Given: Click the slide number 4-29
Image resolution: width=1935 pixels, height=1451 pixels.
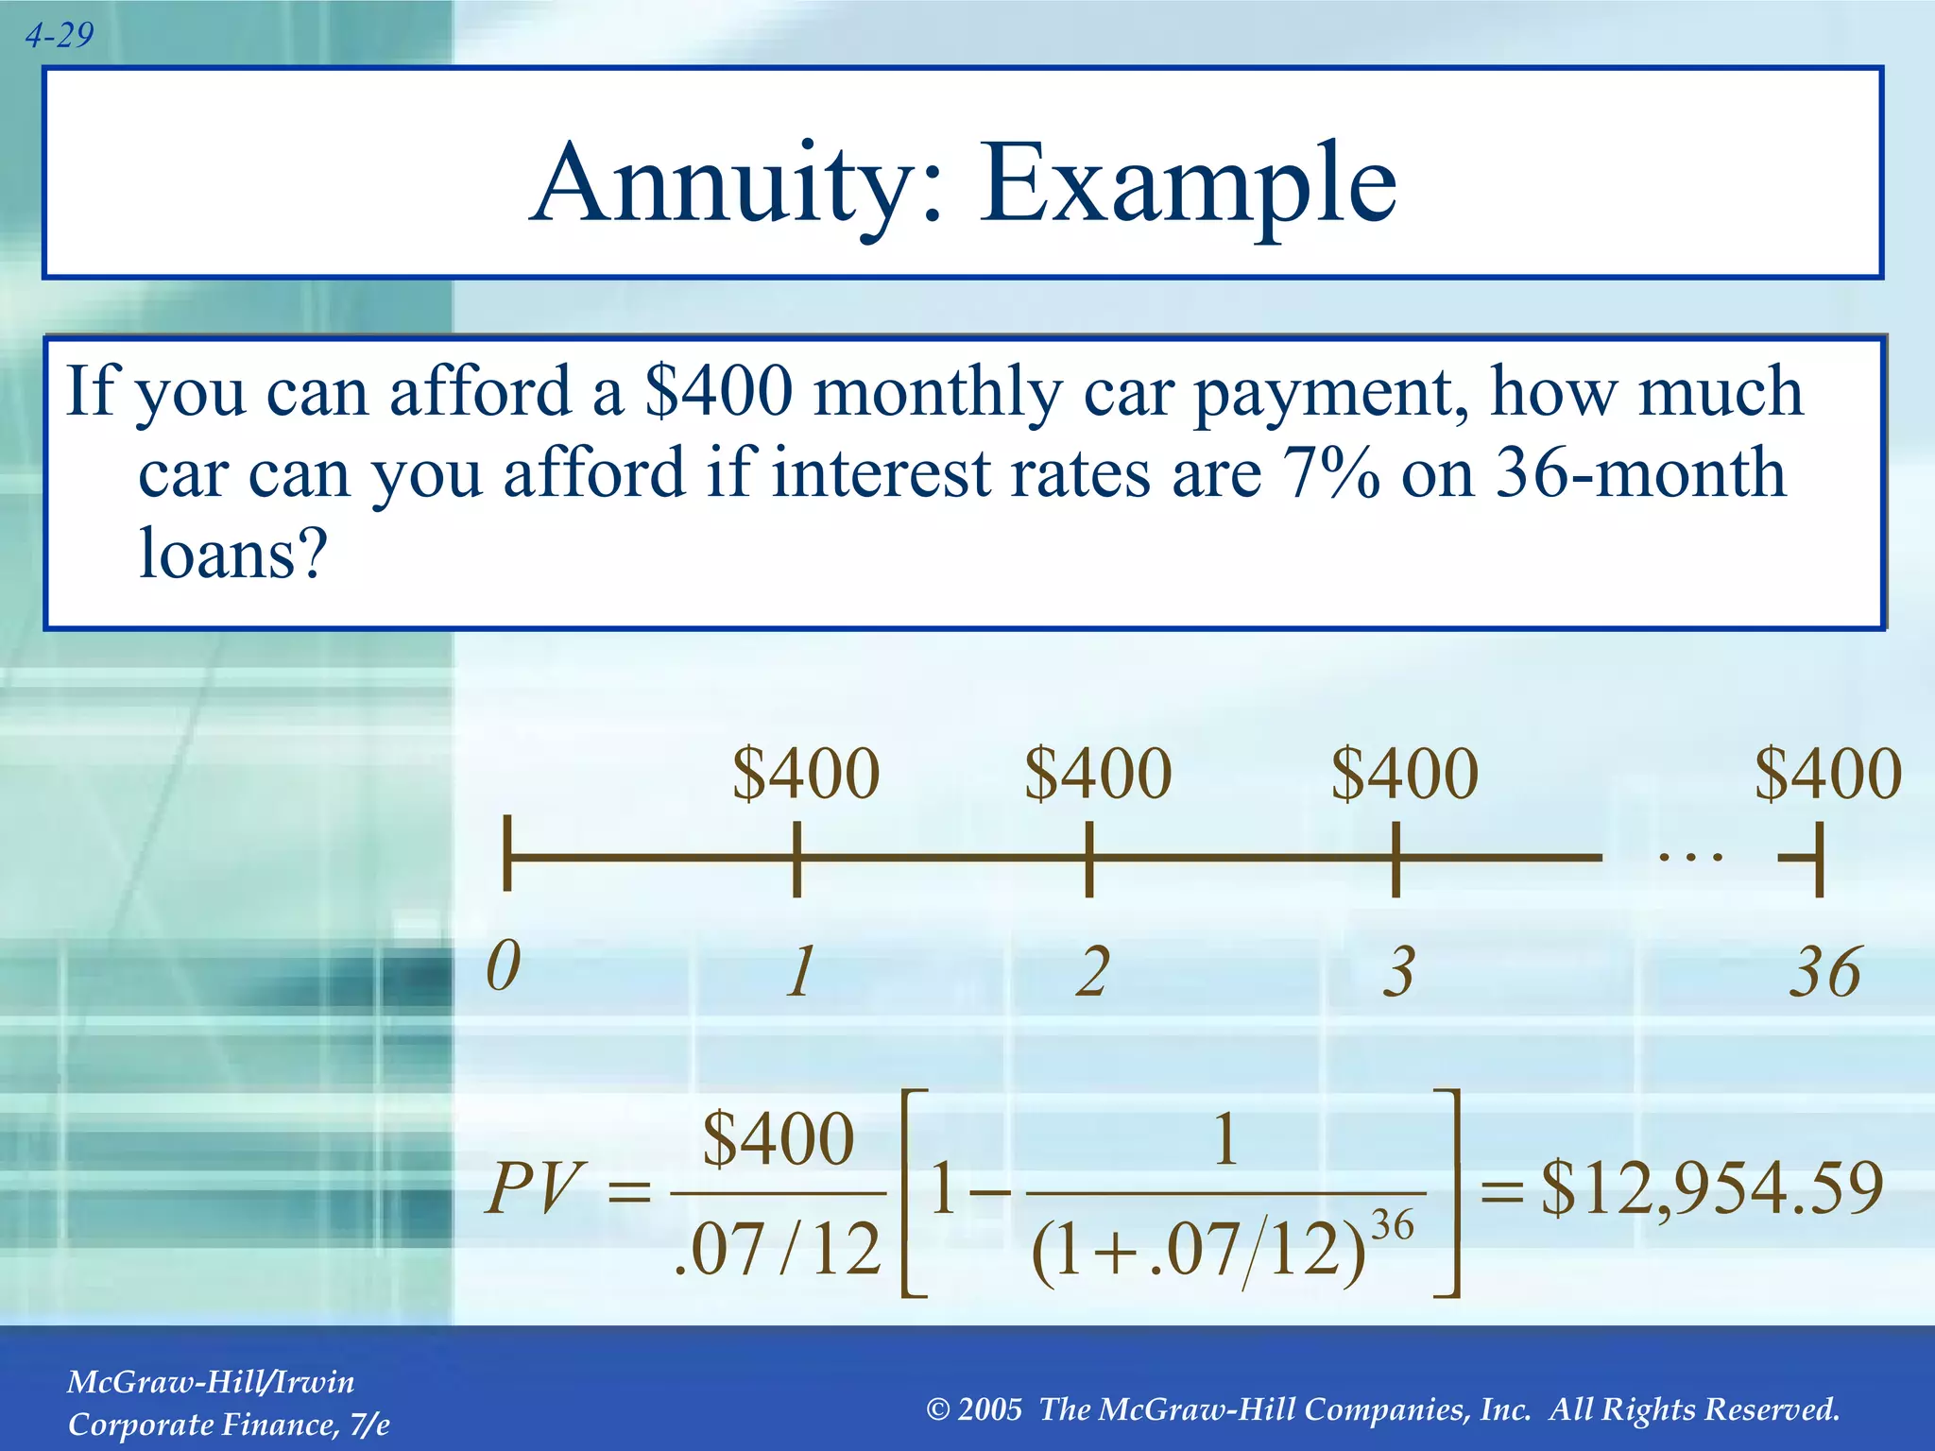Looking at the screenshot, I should pos(59,36).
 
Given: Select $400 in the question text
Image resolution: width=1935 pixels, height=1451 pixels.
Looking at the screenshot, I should pos(718,391).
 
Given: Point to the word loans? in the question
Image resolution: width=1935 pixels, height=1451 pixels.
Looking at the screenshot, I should pos(232,554).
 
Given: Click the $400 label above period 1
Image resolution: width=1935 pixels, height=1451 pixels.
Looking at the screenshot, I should pos(806,774).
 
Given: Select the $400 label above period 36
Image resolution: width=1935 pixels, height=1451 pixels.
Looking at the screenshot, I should pos(1827,774).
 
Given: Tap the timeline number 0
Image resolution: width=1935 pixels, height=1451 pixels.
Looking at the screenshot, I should pos(504,967).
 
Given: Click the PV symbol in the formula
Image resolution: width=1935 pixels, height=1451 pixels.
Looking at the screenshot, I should pos(533,1187).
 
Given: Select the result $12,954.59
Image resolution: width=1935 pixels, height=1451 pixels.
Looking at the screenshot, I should pos(1712,1187).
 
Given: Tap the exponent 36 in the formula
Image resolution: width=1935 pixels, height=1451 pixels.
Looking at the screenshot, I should pos(1392,1226).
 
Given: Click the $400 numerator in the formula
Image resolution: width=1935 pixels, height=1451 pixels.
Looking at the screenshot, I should pos(779,1139).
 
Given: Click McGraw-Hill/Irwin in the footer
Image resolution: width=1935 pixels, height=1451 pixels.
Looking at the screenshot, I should pos(211,1382).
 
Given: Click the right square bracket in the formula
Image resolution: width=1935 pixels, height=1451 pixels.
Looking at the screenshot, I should pos(1449,1193).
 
